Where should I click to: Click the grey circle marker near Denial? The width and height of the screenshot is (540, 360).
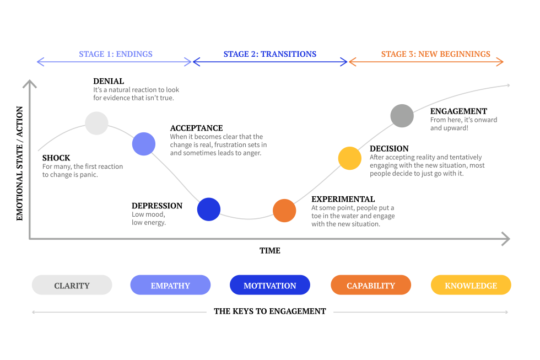pyautogui.click(x=96, y=123)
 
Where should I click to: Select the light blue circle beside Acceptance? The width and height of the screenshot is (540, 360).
pyautogui.click(x=143, y=144)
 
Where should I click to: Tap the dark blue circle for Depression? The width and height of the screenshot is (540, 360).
pyautogui.click(x=209, y=209)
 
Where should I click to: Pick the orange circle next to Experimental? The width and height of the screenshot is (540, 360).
pyautogui.click(x=284, y=211)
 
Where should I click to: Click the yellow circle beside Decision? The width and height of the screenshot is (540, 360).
pyautogui.click(x=349, y=158)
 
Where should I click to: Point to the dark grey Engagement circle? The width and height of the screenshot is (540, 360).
pyautogui.click(x=402, y=116)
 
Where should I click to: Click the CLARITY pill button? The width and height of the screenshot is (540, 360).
pyautogui.click(x=72, y=286)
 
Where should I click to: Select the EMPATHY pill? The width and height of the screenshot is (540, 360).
pyautogui.click(x=170, y=286)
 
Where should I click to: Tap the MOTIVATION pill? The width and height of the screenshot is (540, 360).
pyautogui.click(x=270, y=286)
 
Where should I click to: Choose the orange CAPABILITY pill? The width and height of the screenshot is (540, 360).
pyautogui.click(x=371, y=286)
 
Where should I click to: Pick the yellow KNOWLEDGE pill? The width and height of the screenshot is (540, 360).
pyautogui.click(x=471, y=286)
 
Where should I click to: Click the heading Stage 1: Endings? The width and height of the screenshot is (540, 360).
pyautogui.click(x=116, y=54)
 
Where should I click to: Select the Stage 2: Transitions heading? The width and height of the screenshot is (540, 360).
pyautogui.click(x=270, y=54)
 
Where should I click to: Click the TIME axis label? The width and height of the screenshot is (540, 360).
pyautogui.click(x=270, y=251)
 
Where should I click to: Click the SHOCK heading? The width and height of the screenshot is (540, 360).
pyautogui.click(x=56, y=158)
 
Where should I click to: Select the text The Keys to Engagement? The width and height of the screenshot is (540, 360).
pyautogui.click(x=270, y=311)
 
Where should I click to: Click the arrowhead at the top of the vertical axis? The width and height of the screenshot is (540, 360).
pyautogui.click(x=30, y=84)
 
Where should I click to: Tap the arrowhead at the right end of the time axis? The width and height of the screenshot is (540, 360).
pyautogui.click(x=505, y=239)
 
